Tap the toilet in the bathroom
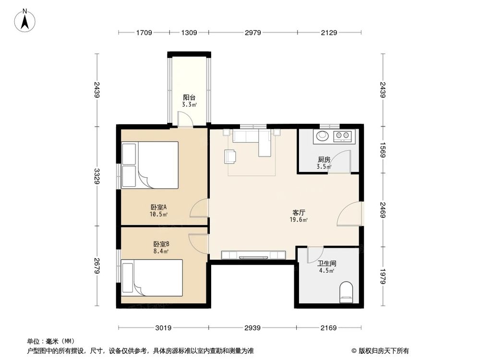346,292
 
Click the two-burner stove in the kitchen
342,136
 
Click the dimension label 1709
144,33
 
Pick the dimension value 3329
97,176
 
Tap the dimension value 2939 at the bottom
252,328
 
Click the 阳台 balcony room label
188,96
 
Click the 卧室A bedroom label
158,207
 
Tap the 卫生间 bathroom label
326,264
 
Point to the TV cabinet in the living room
253,254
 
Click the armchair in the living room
230,156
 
